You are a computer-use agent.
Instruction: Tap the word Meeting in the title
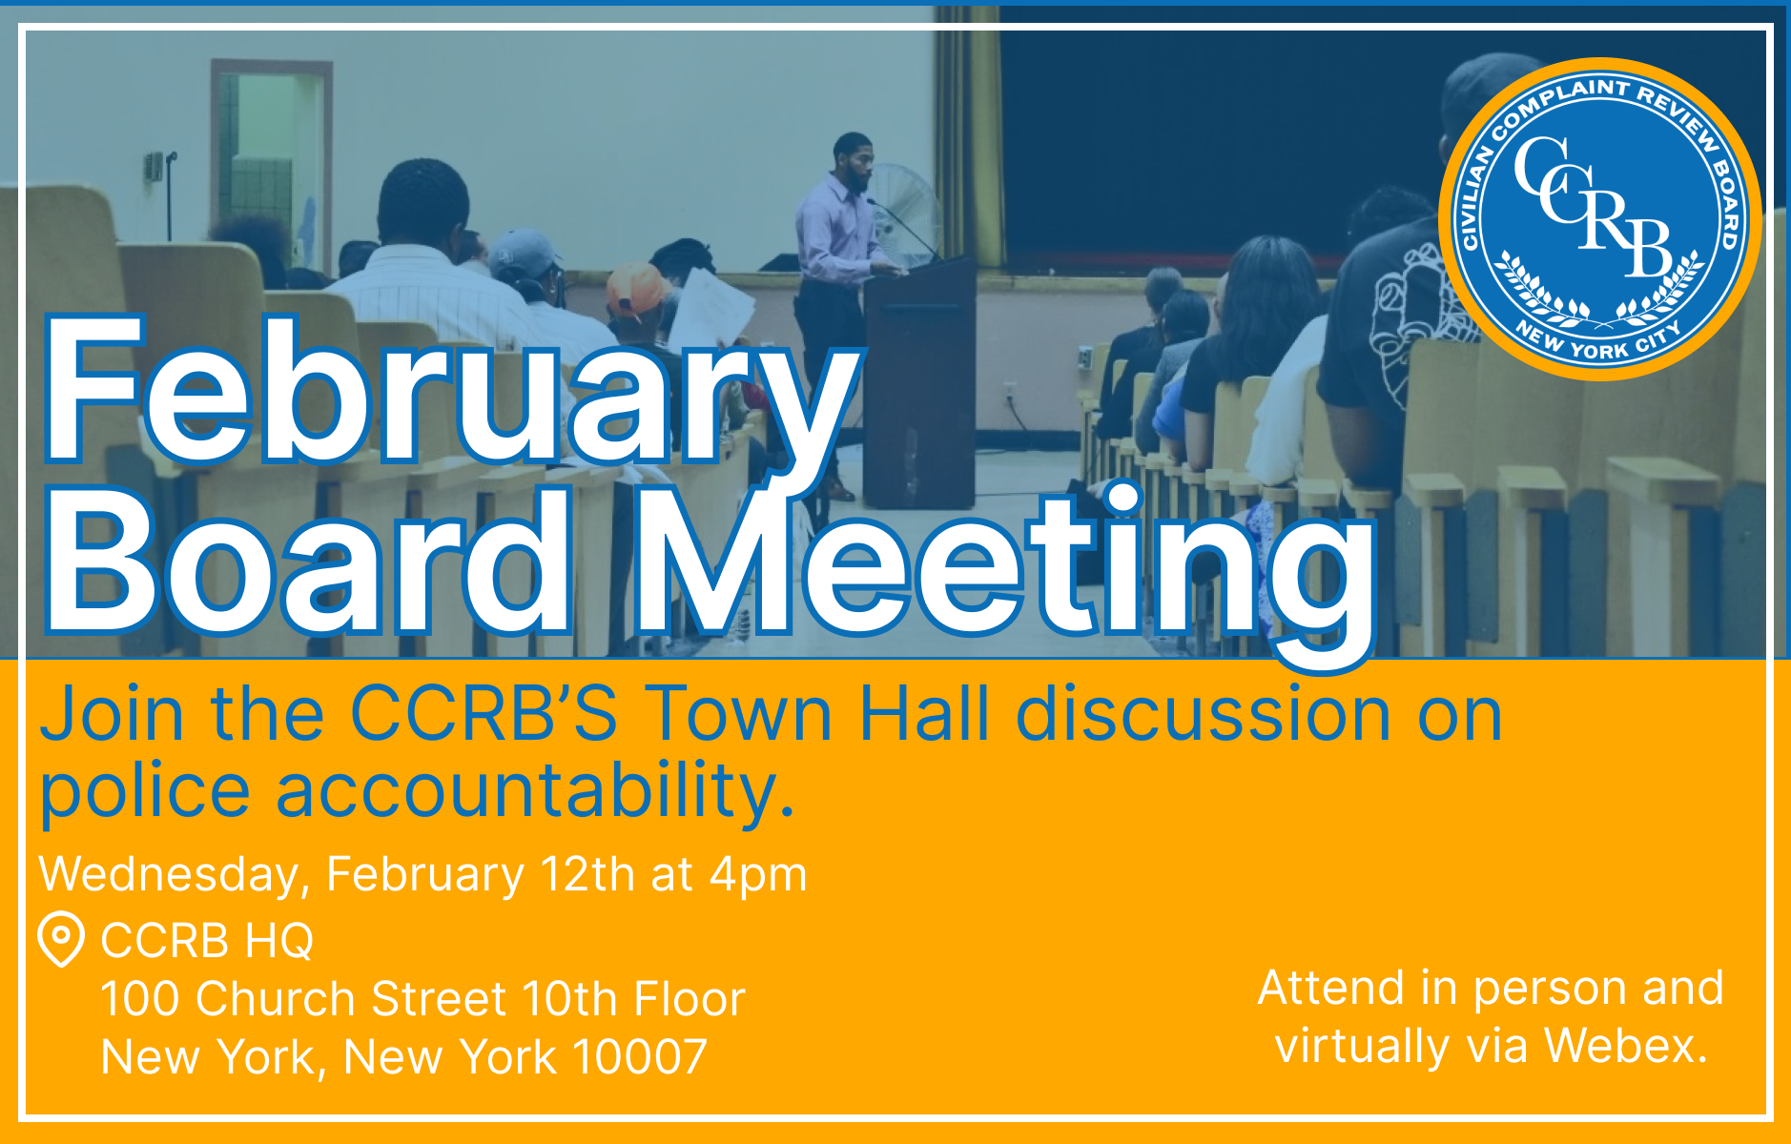[1006, 572]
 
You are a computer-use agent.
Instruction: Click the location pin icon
[61, 940]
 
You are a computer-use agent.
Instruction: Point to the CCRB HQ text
[207, 941]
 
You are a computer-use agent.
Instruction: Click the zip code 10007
[639, 1057]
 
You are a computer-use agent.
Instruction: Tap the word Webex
[1625, 1046]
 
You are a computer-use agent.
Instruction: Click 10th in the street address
[569, 999]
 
